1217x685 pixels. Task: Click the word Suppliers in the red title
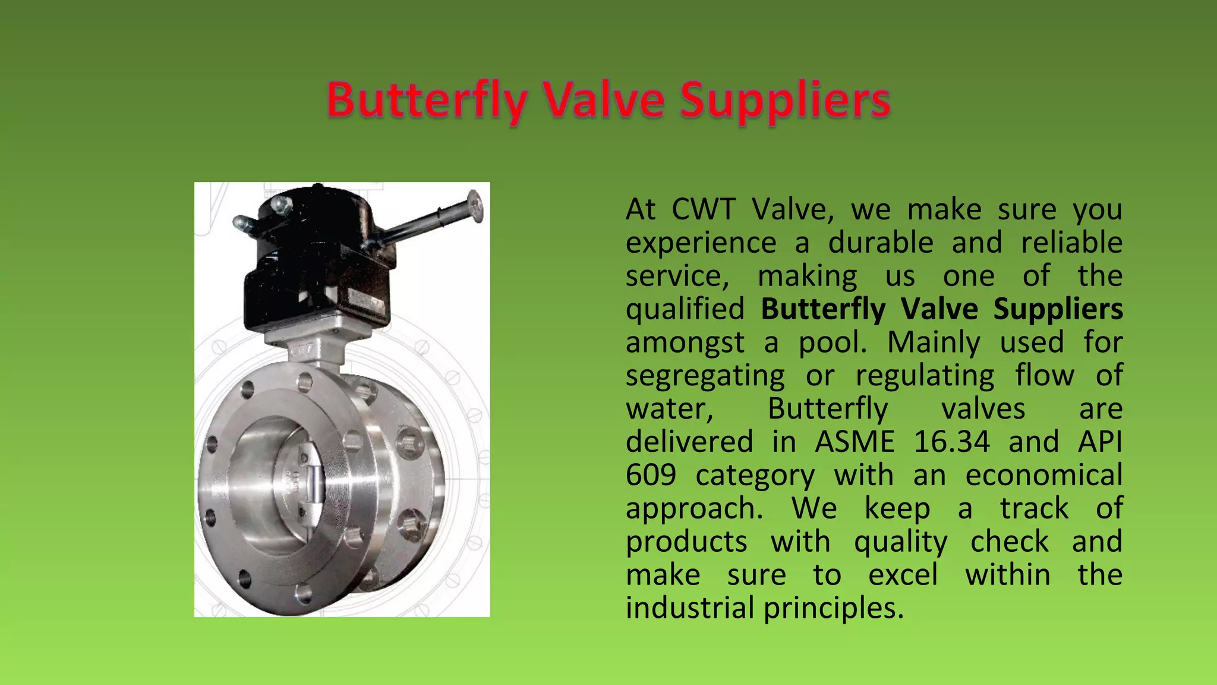(785, 101)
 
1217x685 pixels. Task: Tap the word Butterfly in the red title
(426, 101)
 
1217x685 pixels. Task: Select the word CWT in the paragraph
(704, 209)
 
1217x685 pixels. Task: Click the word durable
(881, 243)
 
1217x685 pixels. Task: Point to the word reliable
(1071, 243)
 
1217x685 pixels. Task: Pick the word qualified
(685, 309)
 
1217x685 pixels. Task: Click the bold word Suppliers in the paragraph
(1058, 309)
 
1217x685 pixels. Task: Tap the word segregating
(705, 376)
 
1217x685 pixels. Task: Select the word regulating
(925, 376)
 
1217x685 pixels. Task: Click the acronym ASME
(855, 442)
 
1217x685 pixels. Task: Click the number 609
(651, 475)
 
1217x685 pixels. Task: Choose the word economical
(1043, 475)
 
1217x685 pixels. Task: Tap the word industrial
(690, 608)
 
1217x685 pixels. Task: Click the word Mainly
(934, 342)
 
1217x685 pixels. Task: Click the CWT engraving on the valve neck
(303, 351)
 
